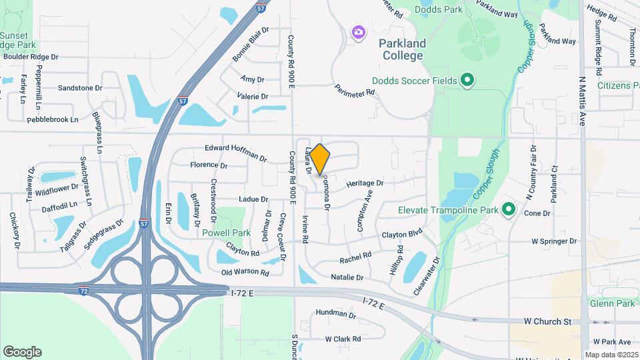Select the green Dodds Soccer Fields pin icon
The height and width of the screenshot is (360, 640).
pyautogui.click(x=468, y=81)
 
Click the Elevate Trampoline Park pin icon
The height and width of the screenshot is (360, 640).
pyautogui.click(x=509, y=210)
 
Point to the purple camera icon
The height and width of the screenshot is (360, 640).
pyautogui.click(x=359, y=32)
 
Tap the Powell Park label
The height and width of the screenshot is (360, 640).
pyautogui.click(x=227, y=233)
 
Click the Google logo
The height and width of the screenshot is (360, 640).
pyautogui.click(x=22, y=352)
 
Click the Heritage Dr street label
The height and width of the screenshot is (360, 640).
pyautogui.click(x=365, y=183)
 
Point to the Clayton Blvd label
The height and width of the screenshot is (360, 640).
pyautogui.click(x=402, y=235)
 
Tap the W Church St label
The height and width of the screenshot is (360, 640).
pyautogui.click(x=547, y=321)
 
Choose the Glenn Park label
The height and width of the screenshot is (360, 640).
pyautogui.click(x=612, y=303)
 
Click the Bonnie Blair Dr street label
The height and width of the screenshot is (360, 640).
pyautogui.click(x=251, y=44)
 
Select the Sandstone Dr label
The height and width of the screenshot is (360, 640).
pyautogui.click(x=80, y=87)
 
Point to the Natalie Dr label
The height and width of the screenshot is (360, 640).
pyautogui.click(x=347, y=277)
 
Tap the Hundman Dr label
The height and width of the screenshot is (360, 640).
pyautogui.click(x=337, y=313)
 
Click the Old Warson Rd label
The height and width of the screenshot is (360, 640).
pyautogui.click(x=245, y=273)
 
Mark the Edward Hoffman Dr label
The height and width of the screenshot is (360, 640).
pyautogui.click(x=236, y=152)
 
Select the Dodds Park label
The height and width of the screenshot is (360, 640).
pyautogui.click(x=437, y=9)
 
